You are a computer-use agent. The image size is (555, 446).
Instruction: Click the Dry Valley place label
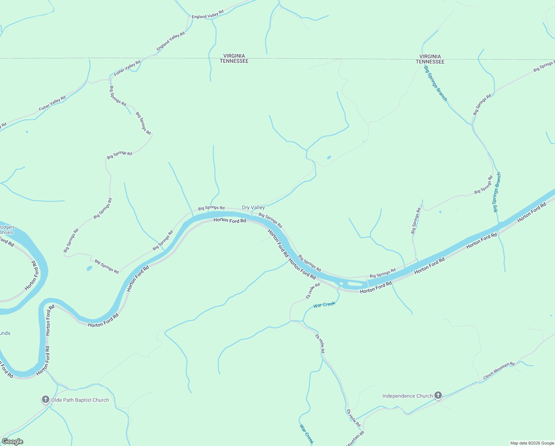pyautogui.click(x=253, y=208)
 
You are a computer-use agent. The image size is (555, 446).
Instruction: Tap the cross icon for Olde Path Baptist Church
pyautogui.click(x=46, y=400)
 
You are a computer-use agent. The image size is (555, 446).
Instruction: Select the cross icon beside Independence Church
pyautogui.click(x=438, y=395)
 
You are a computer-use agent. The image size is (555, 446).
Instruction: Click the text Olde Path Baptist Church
pyautogui.click(x=80, y=400)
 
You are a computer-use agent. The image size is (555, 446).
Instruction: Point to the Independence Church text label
pyautogui.click(x=407, y=396)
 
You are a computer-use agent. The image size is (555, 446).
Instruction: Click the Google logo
pyautogui.click(x=12, y=442)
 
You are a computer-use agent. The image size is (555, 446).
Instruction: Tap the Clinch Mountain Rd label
pyautogui.click(x=499, y=371)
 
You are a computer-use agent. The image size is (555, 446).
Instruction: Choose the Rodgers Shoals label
pyautogui.click(x=7, y=230)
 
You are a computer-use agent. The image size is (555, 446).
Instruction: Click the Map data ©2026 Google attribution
pyautogui.click(x=532, y=443)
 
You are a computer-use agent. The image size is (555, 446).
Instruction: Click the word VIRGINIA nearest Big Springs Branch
pyautogui.click(x=430, y=56)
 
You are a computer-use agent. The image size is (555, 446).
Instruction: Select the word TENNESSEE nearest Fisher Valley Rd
pyautogui.click(x=234, y=61)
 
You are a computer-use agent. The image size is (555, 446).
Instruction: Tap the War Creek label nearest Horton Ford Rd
pyautogui.click(x=324, y=305)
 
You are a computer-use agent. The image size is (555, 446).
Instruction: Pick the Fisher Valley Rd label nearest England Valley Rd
pyautogui.click(x=127, y=68)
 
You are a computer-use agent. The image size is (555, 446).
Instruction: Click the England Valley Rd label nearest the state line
pyautogui.click(x=170, y=41)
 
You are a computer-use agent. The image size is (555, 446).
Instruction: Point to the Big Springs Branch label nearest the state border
pyautogui.click(x=436, y=83)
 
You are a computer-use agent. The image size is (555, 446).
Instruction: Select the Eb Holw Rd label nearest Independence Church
pyautogui.click(x=353, y=418)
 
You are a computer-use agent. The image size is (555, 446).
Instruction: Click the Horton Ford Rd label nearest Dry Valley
pyautogui.click(x=230, y=220)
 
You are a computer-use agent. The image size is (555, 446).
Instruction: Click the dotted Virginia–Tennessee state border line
pyautogui.click(x=334, y=59)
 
